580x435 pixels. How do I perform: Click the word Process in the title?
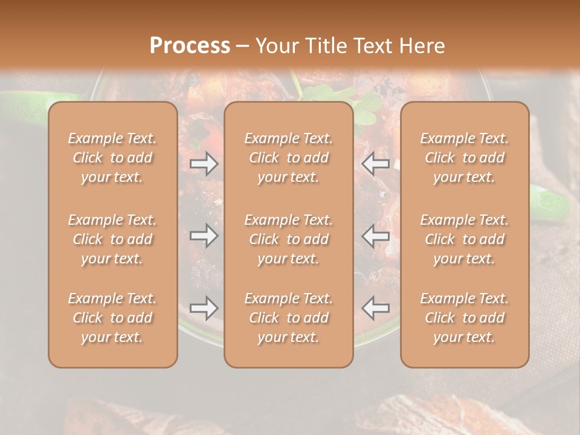click(190, 46)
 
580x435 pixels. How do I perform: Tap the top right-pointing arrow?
click(204, 164)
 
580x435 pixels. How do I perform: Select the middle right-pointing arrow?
click(204, 236)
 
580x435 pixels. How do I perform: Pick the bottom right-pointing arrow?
click(204, 308)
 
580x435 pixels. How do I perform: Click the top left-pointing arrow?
click(376, 164)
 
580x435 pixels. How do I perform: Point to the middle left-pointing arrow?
click(376, 236)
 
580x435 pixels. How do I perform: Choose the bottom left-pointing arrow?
click(376, 308)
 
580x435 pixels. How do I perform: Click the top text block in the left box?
click(112, 158)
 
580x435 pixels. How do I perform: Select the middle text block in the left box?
click(112, 239)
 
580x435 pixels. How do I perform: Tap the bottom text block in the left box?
click(112, 318)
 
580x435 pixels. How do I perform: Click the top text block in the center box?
click(289, 158)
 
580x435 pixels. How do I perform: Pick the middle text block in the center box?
click(289, 239)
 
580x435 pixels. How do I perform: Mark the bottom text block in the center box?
click(289, 318)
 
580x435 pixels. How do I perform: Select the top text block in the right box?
click(465, 158)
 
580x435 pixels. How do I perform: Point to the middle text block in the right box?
click(465, 239)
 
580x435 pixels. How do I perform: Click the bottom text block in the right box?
click(465, 318)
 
